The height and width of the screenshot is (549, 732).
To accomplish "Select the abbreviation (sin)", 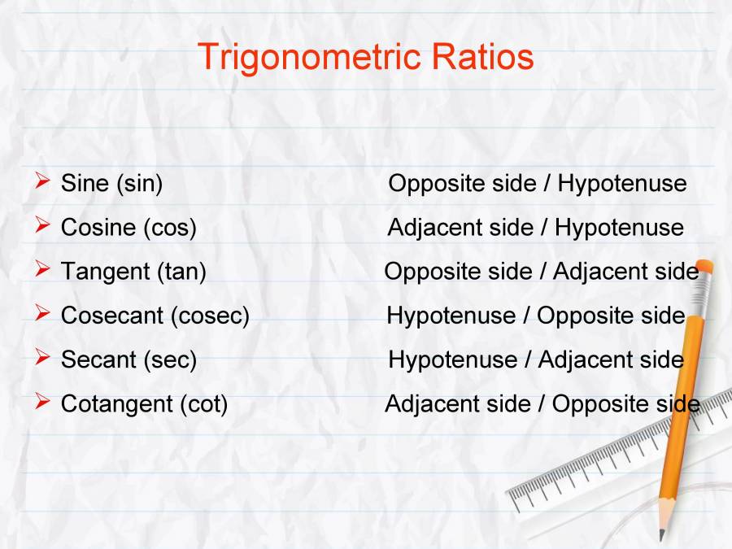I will pyautogui.click(x=139, y=184).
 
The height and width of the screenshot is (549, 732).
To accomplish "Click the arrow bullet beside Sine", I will pyautogui.click(x=43, y=181).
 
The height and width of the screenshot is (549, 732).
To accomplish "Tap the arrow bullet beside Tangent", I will pyautogui.click(x=43, y=269).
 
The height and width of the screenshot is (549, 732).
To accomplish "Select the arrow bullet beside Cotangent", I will pyautogui.click(x=43, y=401).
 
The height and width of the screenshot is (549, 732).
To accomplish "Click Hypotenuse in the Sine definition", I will pyautogui.click(x=622, y=184).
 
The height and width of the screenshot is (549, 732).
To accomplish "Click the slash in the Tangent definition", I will pyautogui.click(x=542, y=272).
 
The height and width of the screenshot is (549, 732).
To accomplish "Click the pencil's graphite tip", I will pyautogui.click(x=661, y=535).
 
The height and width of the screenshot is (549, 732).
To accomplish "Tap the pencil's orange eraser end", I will pyautogui.click(x=704, y=267).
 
